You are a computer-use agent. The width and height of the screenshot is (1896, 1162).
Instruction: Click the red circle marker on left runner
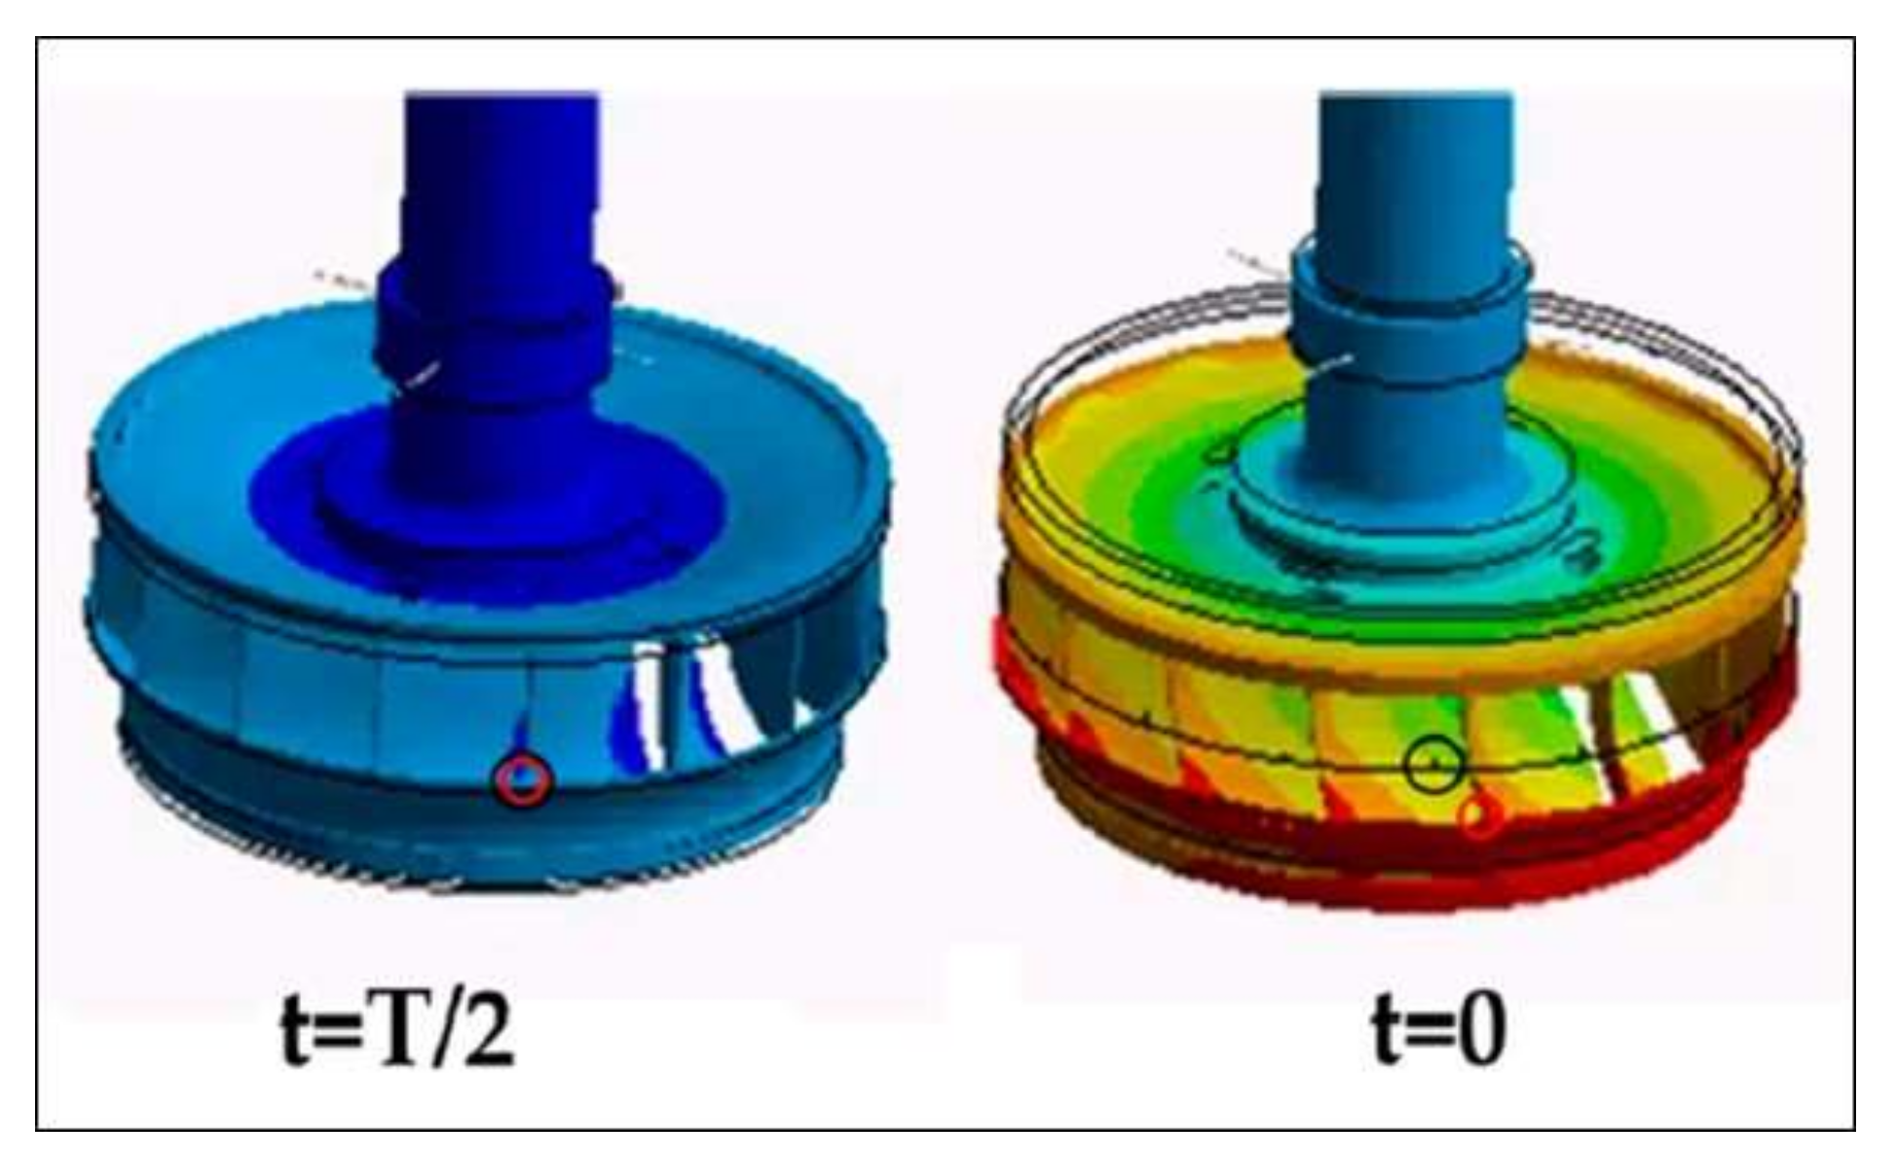coord(524,780)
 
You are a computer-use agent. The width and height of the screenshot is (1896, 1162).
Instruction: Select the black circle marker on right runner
coord(1434,765)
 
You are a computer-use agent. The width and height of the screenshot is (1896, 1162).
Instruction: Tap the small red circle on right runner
coord(1478,818)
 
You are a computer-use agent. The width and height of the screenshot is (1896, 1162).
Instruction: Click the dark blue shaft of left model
coord(502,175)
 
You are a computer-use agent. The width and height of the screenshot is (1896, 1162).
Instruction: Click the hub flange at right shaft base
coord(1402,506)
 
